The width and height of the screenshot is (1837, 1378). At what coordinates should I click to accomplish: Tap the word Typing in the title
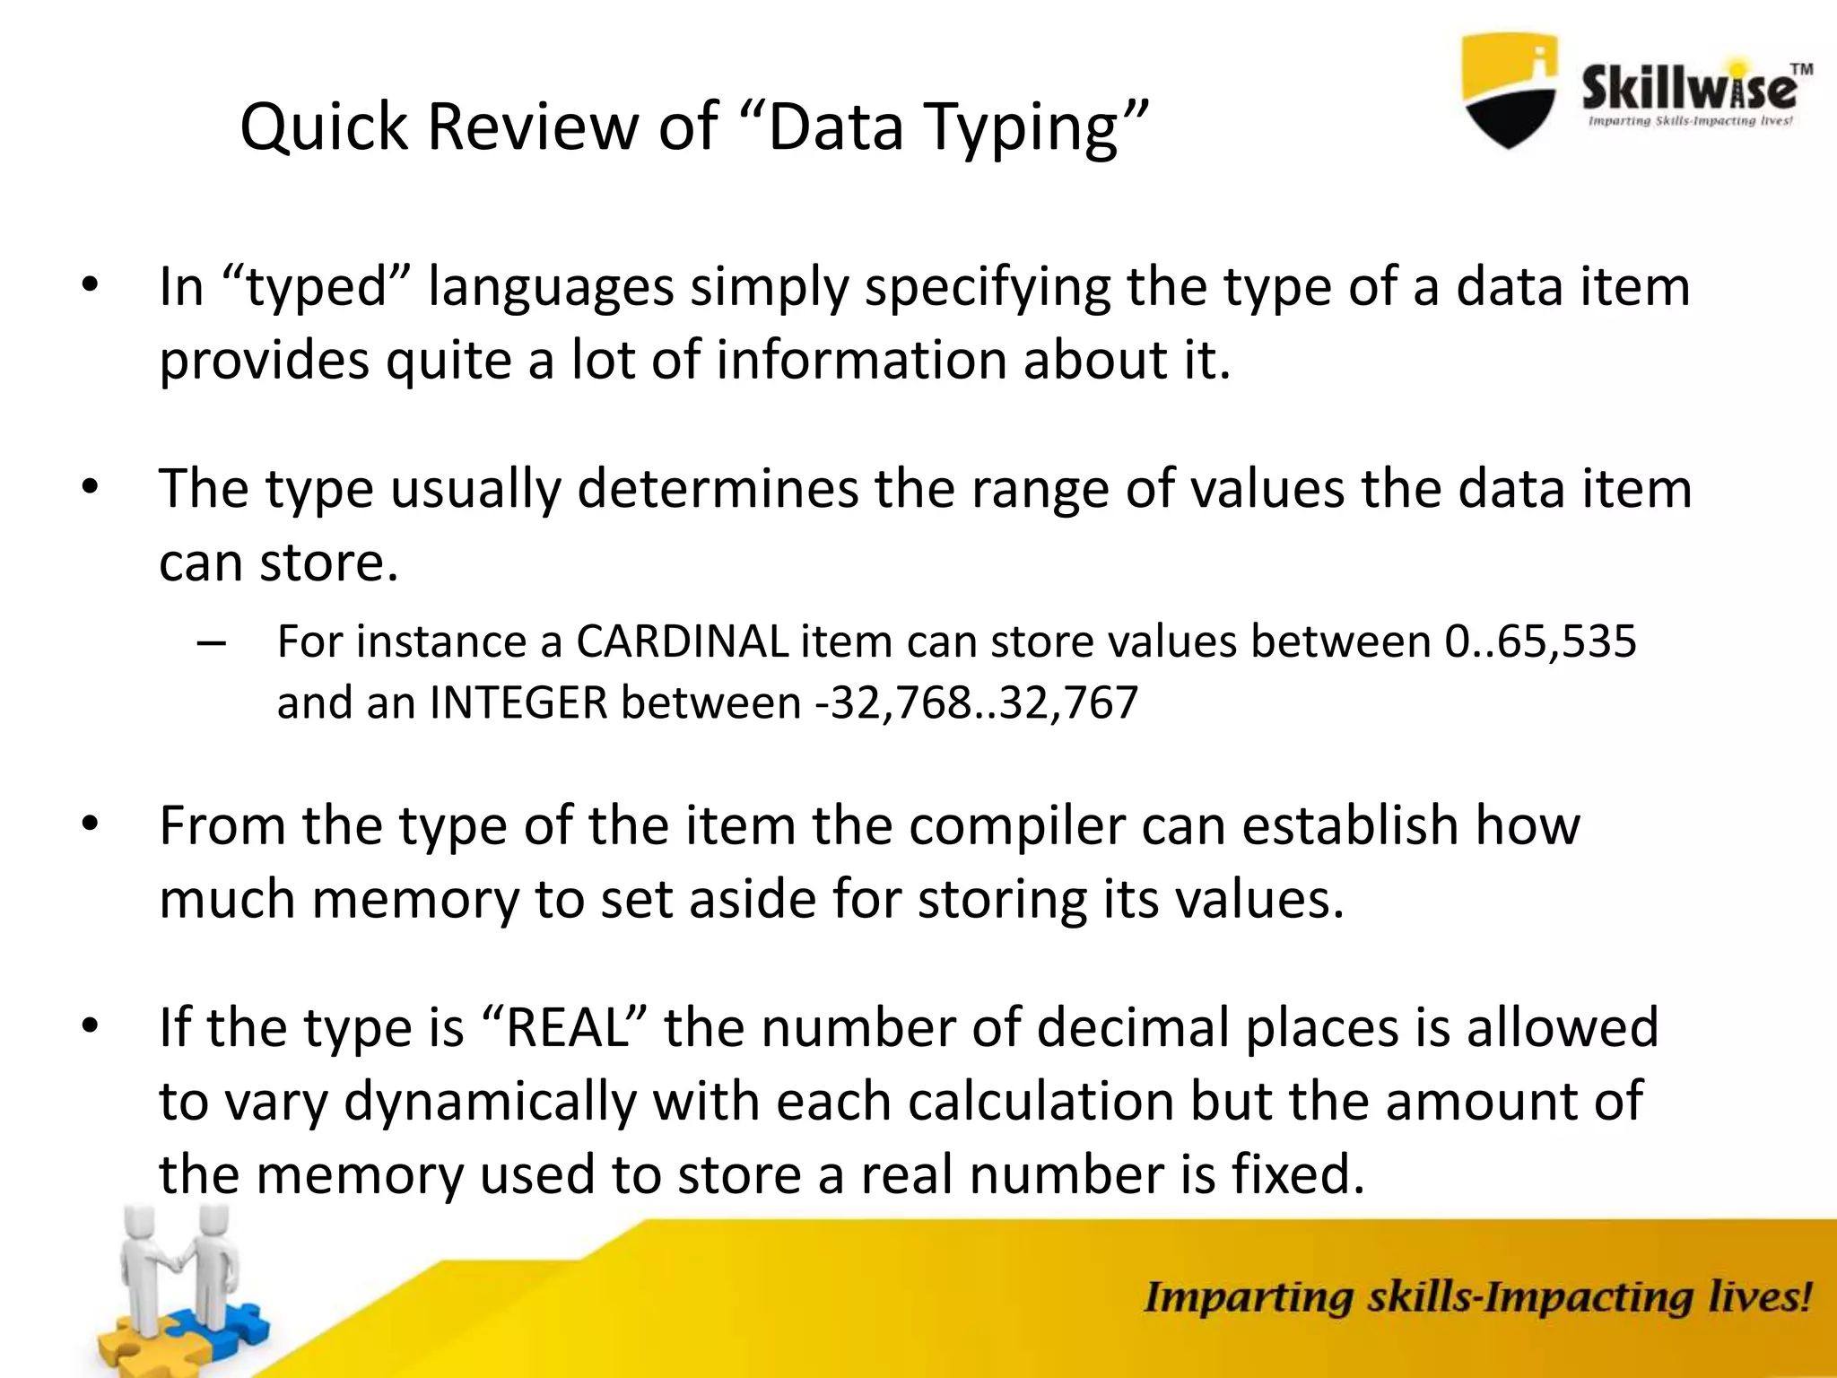point(1020,128)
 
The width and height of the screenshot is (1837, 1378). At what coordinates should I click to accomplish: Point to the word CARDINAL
point(681,641)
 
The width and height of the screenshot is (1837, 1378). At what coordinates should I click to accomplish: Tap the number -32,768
point(892,703)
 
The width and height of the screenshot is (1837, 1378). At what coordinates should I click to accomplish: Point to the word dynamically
point(490,1103)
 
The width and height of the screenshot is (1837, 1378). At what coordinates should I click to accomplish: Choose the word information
point(861,361)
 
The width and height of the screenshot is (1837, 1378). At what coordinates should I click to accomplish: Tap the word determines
point(718,490)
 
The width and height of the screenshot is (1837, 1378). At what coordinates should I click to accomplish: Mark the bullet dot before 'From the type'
point(89,824)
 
